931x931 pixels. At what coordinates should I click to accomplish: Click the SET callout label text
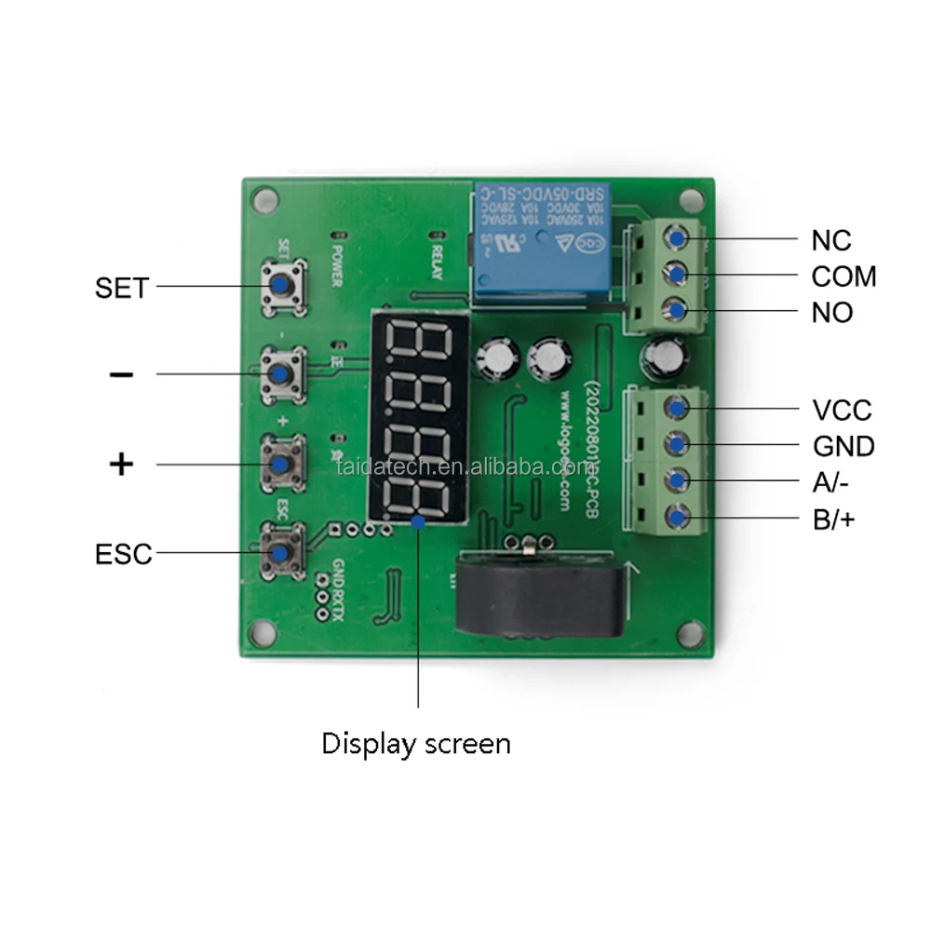click(121, 288)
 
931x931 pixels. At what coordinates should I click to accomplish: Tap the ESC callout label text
click(123, 554)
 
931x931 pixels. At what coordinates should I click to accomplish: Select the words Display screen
click(416, 744)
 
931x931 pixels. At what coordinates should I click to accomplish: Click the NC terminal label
click(831, 240)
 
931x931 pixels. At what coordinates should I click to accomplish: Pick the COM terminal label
click(843, 277)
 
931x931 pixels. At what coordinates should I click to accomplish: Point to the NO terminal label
click(832, 313)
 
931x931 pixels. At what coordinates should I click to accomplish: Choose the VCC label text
click(842, 411)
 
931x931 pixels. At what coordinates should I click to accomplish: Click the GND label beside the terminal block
click(843, 447)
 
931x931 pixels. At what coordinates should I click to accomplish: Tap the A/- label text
click(830, 482)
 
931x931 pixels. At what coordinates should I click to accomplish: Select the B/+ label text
click(833, 519)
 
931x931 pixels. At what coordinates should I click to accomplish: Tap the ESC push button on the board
click(280, 552)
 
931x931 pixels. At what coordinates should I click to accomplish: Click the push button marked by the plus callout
click(280, 462)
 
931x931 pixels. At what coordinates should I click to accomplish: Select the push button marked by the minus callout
click(280, 372)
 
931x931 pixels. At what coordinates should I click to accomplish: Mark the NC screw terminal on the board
click(678, 239)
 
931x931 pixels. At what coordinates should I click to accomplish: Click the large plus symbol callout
click(122, 464)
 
